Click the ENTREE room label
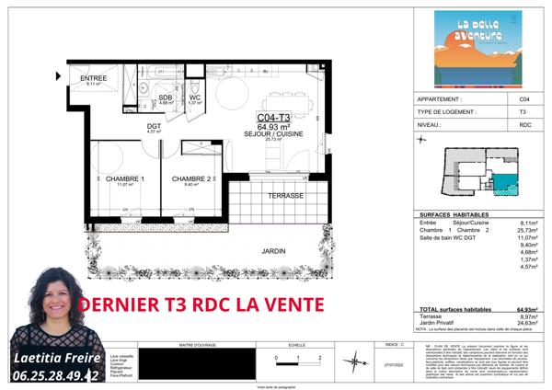(x=94, y=78)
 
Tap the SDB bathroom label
(x=166, y=97)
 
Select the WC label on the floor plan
(x=194, y=97)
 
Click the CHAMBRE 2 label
(x=192, y=178)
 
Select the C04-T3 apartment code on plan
(x=275, y=118)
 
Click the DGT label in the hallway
(x=155, y=126)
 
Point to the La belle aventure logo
(x=478, y=48)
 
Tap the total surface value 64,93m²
(x=526, y=310)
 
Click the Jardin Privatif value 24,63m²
(x=525, y=323)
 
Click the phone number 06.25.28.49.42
(x=52, y=375)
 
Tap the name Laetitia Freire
(x=54, y=357)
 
